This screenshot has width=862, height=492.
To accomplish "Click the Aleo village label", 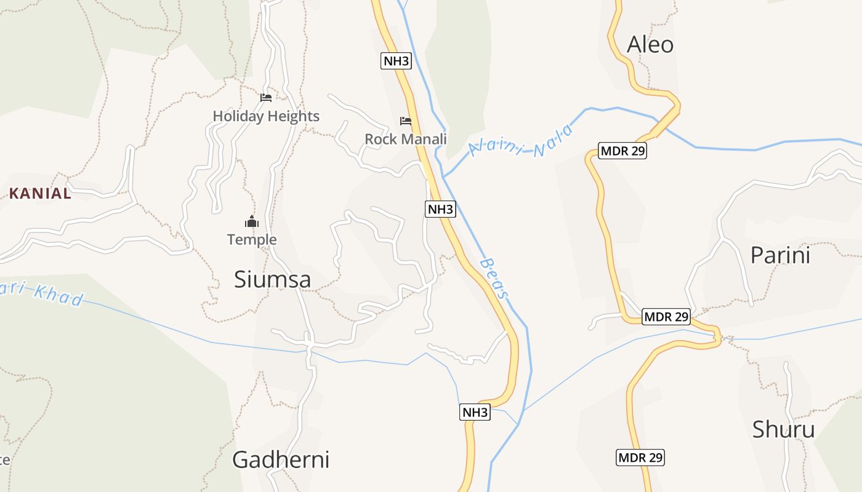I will pos(650,45).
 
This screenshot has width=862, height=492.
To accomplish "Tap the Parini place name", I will pos(780,255).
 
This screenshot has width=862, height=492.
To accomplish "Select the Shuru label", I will pos(783,429).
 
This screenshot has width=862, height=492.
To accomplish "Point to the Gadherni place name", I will pos(281,459).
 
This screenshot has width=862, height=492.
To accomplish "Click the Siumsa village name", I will pos(272,280).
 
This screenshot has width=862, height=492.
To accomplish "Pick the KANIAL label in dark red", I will pos(40,194).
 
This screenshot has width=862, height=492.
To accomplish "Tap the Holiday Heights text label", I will pos(266,116).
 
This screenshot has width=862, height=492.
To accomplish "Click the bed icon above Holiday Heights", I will pos(266,97).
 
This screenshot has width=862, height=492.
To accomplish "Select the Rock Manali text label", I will pos(405,139).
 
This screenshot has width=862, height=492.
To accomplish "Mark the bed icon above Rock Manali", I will pos(405,121).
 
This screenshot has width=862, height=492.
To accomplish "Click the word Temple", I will pos(252,240).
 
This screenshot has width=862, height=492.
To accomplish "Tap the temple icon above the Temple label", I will pos(251,221).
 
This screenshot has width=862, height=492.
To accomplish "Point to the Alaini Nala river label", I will pos(521,141).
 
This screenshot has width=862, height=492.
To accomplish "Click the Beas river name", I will pos(494,279).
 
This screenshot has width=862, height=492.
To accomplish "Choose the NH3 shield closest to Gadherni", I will pos(475,412).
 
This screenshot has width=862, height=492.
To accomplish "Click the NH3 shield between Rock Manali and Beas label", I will pos(440,209).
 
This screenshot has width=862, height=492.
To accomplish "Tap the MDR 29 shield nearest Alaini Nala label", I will pos(622,151).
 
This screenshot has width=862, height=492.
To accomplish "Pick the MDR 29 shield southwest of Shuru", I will pos(640,458).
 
